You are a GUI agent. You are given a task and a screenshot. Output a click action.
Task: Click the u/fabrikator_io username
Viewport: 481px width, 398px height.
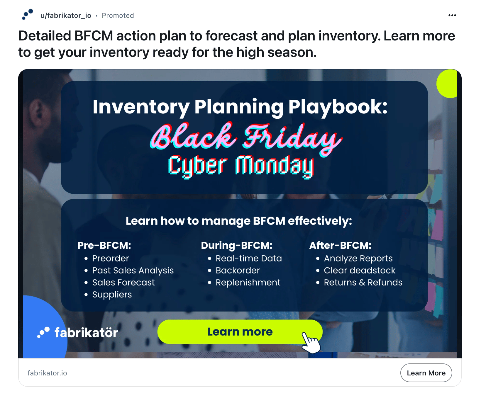point(66,16)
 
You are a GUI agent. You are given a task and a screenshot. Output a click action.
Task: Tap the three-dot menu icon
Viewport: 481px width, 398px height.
point(452,15)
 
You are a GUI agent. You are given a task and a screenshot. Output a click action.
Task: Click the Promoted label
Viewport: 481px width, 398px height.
point(118,16)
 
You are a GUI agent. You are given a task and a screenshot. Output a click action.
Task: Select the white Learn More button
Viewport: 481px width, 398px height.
point(426,373)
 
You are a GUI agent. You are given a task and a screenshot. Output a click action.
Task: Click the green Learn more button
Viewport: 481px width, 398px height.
point(240,332)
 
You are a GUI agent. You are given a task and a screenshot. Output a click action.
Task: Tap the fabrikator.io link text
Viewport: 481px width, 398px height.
point(47,373)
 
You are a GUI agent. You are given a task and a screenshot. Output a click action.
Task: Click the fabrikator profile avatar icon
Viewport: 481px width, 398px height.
point(28,14)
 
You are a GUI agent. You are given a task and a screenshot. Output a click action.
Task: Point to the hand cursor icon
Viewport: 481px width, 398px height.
point(311,343)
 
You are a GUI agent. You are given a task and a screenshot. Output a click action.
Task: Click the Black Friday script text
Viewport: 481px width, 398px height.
point(246,137)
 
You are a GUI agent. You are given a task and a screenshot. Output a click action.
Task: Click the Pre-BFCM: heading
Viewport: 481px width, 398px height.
point(104,245)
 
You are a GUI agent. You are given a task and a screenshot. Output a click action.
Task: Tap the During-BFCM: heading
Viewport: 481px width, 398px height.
point(237,245)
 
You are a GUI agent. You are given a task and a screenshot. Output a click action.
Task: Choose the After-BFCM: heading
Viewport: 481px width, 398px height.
point(340,245)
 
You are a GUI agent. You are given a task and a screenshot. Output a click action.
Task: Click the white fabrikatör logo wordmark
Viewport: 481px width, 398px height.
point(86,333)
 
